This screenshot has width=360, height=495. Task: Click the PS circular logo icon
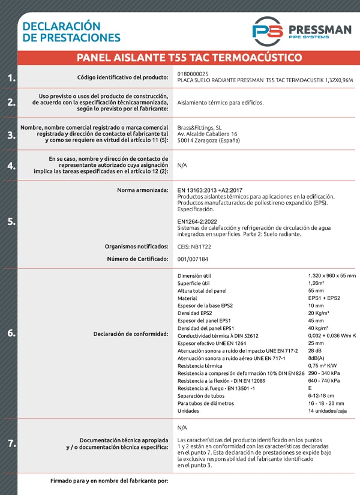pos(268,31)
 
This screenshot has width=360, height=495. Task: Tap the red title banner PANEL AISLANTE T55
pos(189,58)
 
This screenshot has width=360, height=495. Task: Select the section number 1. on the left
pos(11,78)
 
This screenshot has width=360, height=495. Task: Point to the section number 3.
pos(11,135)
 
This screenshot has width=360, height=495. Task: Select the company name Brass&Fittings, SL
pos(200,127)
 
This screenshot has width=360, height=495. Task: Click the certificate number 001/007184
pos(193,259)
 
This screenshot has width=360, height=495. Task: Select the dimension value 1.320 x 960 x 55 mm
pos(332,275)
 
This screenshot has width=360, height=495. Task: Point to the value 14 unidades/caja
pos(328,410)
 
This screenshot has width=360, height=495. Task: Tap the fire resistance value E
pos(310,388)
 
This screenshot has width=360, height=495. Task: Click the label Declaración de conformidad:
pos(131,334)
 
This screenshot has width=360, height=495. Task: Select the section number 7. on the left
pos(11,444)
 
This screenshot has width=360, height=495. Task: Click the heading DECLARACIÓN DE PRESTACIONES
pos(71,32)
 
